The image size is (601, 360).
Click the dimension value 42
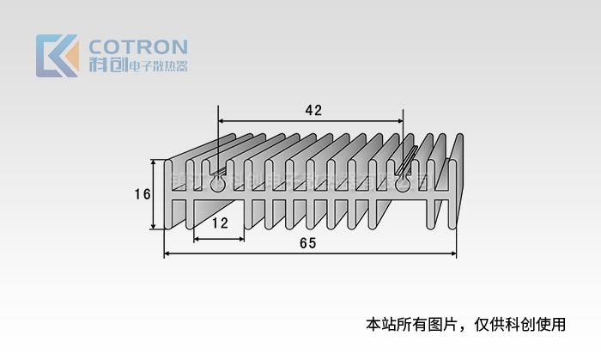coord(313,110)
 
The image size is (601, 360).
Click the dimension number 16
coord(143,194)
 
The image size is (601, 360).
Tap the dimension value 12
coord(220,223)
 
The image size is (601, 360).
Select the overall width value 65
coord(308,243)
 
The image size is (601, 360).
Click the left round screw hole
coord(217,184)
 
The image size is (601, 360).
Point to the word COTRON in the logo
coord(138,47)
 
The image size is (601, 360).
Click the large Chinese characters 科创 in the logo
coord(106,66)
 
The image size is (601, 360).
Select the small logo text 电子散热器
coord(156,67)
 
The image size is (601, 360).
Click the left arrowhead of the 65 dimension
coord(167,253)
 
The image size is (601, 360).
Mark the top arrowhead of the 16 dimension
coord(155,163)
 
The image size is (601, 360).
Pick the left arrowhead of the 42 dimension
coord(222,121)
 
